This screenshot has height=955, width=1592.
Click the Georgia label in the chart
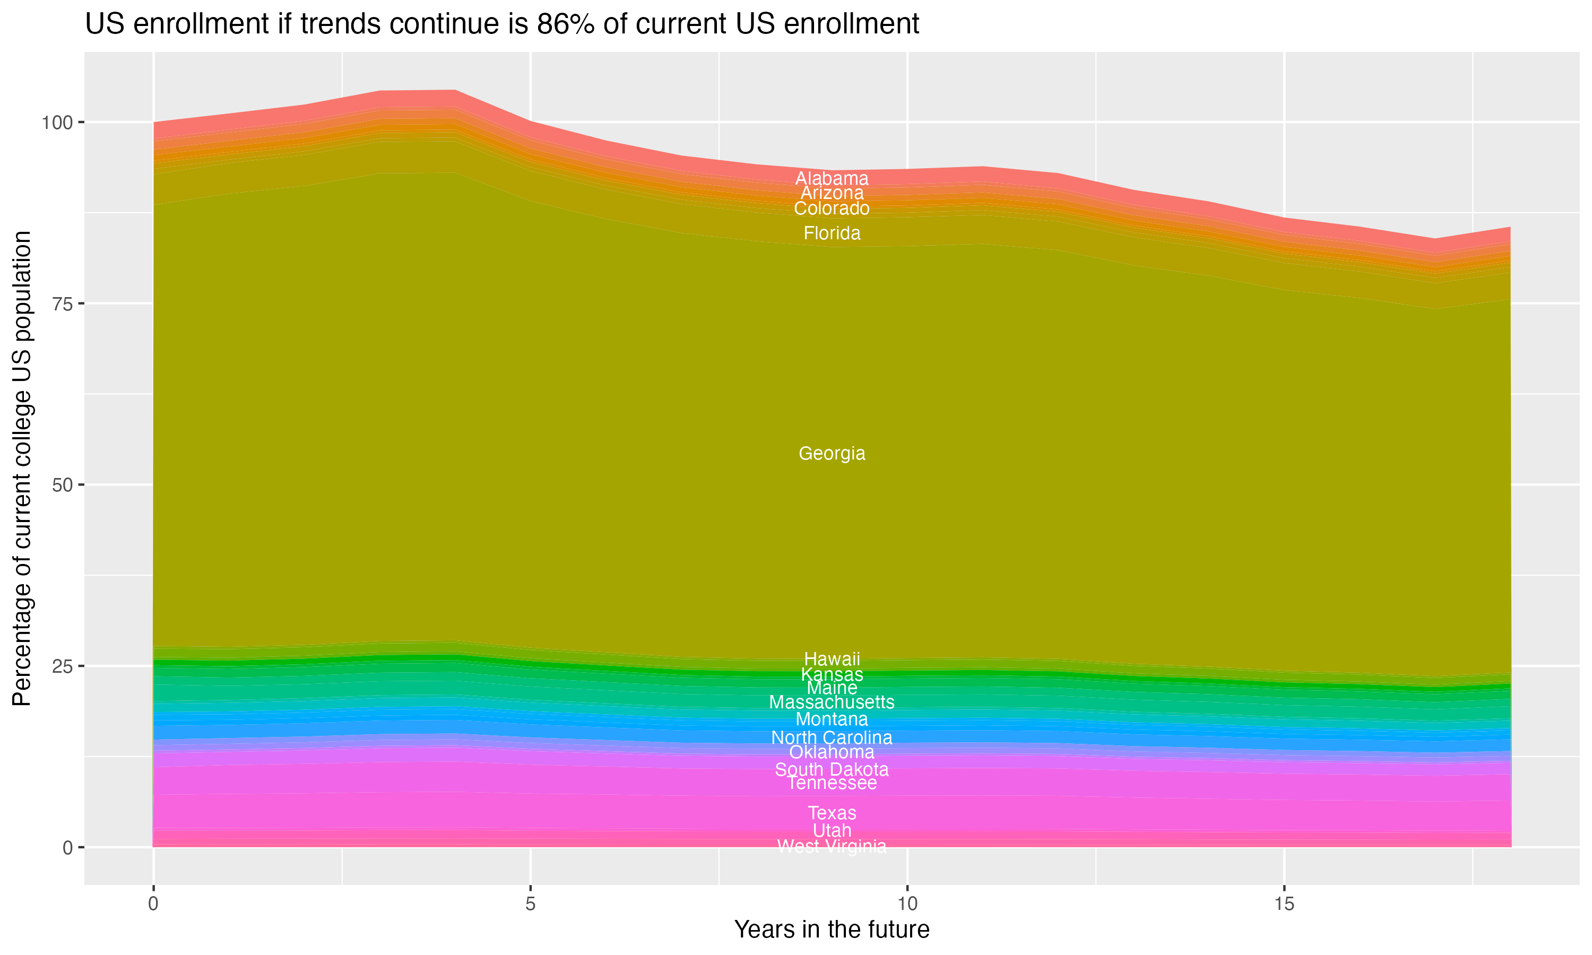[832, 454]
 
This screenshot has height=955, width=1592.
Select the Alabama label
[832, 178]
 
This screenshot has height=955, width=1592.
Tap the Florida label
[832, 233]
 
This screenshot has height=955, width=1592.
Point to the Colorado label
[832, 209]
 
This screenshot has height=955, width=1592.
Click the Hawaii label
[832, 659]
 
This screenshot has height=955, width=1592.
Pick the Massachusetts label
[832, 702]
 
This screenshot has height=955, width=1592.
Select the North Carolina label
[832, 737]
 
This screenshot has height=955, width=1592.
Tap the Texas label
[832, 813]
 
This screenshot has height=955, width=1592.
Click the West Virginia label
[832, 846]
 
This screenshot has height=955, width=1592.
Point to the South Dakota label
[832, 769]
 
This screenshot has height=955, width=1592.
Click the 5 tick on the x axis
[530, 904]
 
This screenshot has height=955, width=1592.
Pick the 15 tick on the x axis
[1284, 904]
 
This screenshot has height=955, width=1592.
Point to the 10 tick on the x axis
[907, 904]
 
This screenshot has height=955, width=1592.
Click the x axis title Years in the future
[832, 929]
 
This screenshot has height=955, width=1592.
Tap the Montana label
[832, 719]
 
